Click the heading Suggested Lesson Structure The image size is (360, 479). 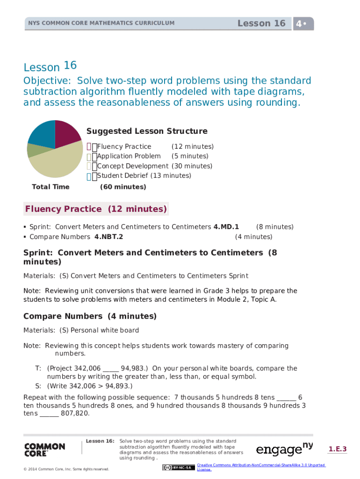tap(147, 131)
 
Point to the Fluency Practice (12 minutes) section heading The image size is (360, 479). tap(96, 209)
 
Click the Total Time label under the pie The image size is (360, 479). tap(50, 187)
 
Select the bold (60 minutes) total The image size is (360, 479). tap(123, 187)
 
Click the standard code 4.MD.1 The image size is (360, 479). tap(226, 227)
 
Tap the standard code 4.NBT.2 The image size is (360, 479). tap(109, 237)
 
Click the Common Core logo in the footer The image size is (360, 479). tap(44, 450)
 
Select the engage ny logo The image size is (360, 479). tap(284, 449)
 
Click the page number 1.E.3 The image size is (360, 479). tap(338, 450)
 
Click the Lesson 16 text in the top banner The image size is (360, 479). tap(261, 23)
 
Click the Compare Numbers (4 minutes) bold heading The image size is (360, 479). tap(90, 316)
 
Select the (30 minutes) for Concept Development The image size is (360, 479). tap(192, 166)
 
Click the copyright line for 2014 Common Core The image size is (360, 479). tap(66, 469)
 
